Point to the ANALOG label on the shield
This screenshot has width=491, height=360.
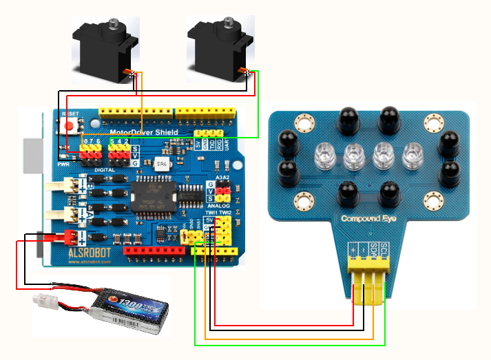pos(218,204)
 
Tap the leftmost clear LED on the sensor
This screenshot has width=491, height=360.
pos(324,156)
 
